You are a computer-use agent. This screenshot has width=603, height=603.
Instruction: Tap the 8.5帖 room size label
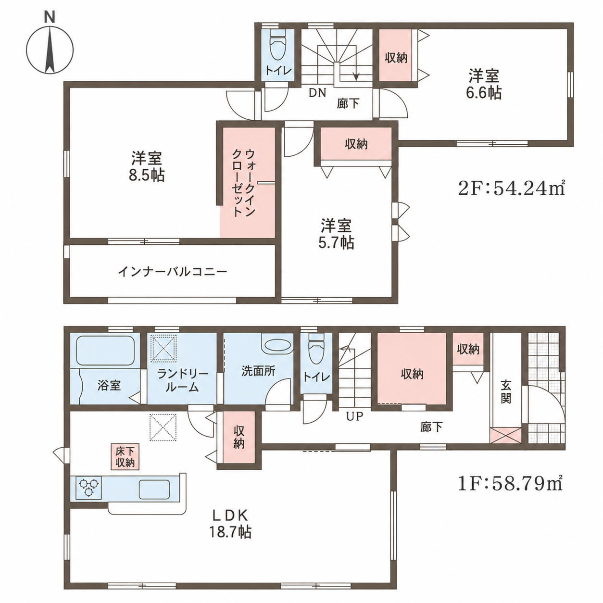click(147, 176)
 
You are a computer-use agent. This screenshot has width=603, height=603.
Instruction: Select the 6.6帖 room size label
click(484, 93)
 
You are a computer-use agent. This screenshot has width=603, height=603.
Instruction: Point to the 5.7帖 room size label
click(336, 242)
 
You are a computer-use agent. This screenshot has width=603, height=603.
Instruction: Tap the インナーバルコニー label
click(172, 271)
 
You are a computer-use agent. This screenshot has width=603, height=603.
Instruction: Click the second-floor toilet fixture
click(276, 45)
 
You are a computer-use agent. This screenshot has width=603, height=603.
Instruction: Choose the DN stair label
click(318, 93)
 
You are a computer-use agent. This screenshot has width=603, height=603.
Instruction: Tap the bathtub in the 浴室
click(105, 351)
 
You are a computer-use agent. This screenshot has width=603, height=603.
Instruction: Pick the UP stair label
click(354, 416)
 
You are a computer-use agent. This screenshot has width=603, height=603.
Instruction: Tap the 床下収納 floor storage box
click(125, 457)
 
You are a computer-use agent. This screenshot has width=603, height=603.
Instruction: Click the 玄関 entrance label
click(506, 391)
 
